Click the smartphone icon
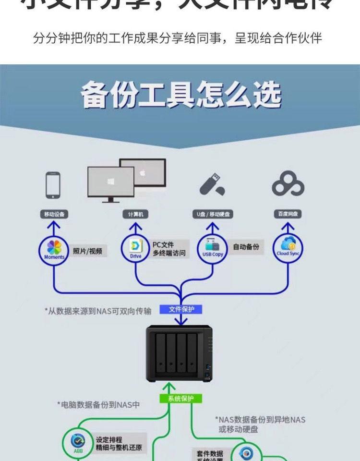click(53, 185)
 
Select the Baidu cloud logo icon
click(288, 184)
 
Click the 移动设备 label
click(54, 214)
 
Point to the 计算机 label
click(135, 214)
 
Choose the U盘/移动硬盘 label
click(213, 214)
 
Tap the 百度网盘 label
click(288, 214)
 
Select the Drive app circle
click(136, 249)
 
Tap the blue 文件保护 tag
click(181, 309)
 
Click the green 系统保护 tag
click(181, 399)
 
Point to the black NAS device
click(179, 353)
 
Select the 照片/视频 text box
click(87, 251)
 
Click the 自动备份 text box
click(246, 247)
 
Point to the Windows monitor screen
click(110, 182)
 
